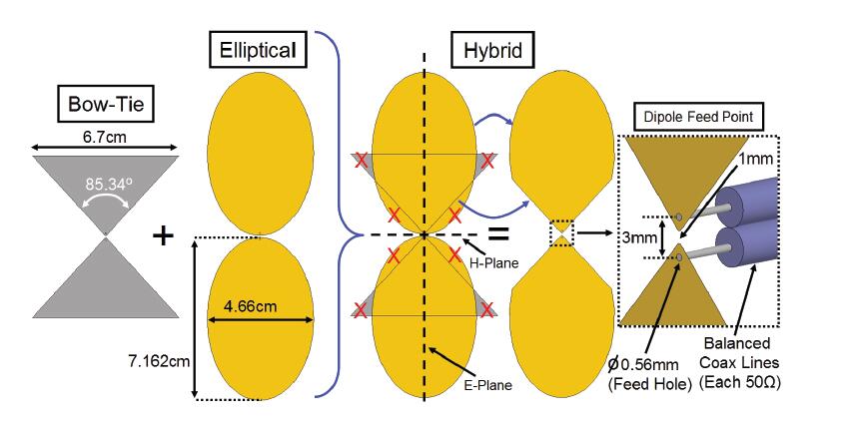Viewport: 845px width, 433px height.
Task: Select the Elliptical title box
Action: (257, 47)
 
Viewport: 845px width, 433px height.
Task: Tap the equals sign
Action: (496, 235)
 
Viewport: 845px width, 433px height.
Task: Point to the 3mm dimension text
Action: (637, 238)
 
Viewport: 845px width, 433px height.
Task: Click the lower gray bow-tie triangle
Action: (105, 284)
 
